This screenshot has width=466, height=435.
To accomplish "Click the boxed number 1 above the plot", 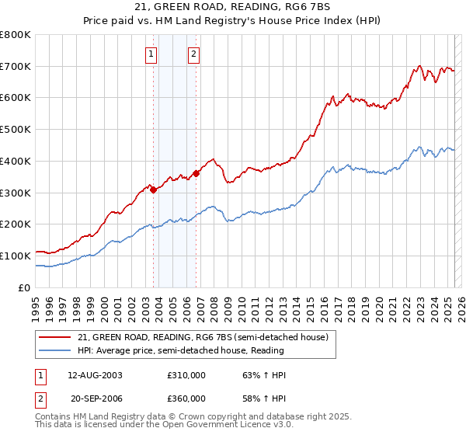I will [x=150, y=54].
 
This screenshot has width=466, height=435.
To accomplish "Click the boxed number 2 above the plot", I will [x=193, y=54].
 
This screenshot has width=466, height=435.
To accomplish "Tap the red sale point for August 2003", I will [x=154, y=189].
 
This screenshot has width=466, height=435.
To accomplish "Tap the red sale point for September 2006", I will [x=196, y=173].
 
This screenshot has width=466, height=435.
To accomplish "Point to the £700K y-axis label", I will [x=16, y=67].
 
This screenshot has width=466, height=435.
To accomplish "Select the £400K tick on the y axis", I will [x=16, y=161].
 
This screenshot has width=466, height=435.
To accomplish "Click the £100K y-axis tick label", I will [x=16, y=256].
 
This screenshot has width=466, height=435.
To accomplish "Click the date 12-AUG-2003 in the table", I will [x=95, y=375].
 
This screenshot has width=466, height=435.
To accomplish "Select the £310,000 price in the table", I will [x=186, y=375].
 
